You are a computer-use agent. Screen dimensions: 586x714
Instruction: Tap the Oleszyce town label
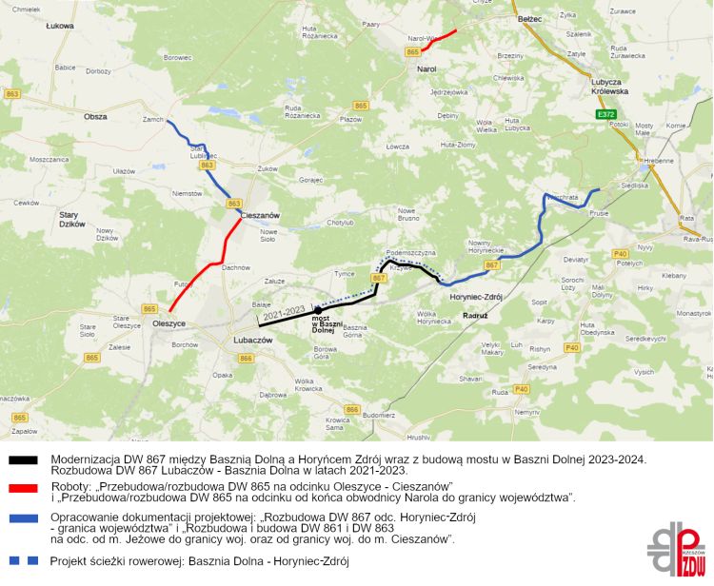pyautogui.click(x=169, y=324)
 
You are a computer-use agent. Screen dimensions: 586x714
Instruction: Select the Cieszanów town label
pyautogui.click(x=260, y=215)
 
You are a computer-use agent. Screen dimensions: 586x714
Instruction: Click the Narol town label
pyautogui.click(x=426, y=68)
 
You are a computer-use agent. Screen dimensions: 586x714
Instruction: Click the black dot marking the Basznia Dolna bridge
pyautogui.click(x=317, y=311)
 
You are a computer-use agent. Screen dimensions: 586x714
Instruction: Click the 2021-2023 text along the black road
pyautogui.click(x=287, y=311)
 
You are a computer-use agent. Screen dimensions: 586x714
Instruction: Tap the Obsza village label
pyautogui.click(x=95, y=116)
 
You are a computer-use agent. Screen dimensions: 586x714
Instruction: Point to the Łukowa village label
pyautogui.click(x=59, y=27)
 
